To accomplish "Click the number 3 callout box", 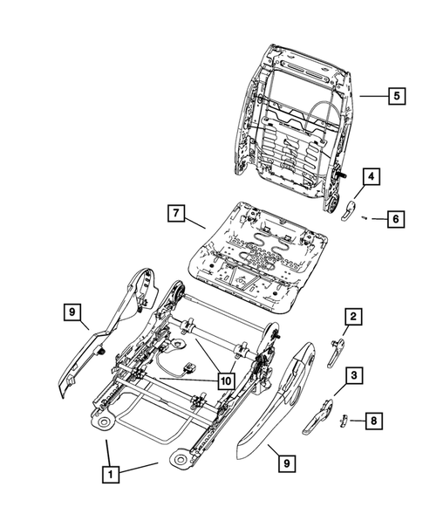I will (353, 376).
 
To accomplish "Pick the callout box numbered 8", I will (372, 421).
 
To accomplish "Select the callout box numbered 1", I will (110, 475).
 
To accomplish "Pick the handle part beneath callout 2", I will (336, 349).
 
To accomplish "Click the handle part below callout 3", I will (320, 417).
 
